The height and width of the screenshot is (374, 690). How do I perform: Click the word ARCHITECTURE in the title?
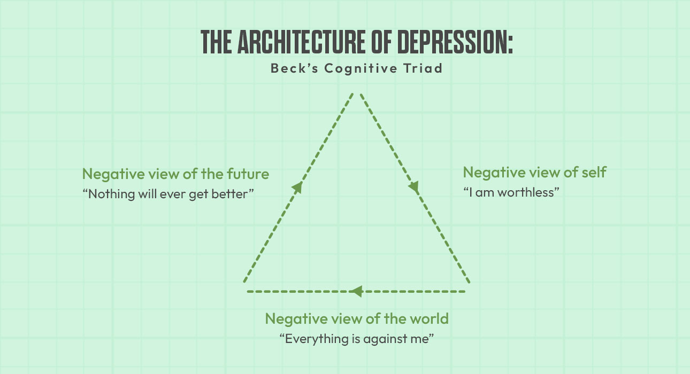pyautogui.click(x=301, y=42)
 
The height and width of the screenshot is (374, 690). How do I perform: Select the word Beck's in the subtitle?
pyautogui.click(x=294, y=68)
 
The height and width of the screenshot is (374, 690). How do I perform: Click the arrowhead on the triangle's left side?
pyautogui.click(x=297, y=187)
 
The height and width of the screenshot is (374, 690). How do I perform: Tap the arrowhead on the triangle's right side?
pyautogui.click(x=413, y=187)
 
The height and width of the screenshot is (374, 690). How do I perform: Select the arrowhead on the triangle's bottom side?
pyautogui.click(x=356, y=291)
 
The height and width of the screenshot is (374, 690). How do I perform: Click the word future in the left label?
pyautogui.click(x=248, y=174)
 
